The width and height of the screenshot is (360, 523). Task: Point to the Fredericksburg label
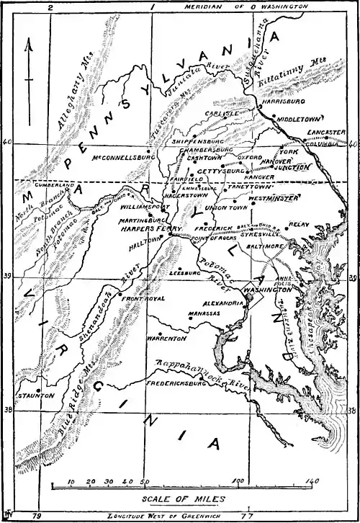point(177,384)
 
